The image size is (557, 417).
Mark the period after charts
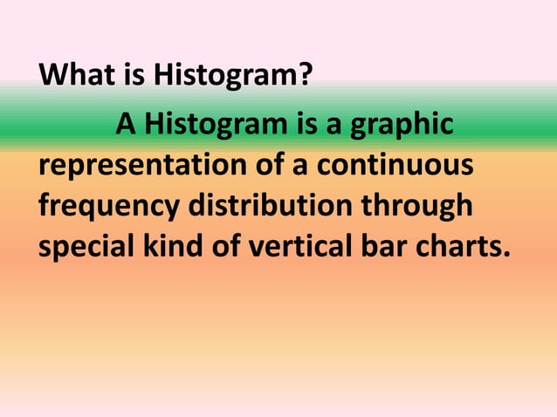coord(504,256)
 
